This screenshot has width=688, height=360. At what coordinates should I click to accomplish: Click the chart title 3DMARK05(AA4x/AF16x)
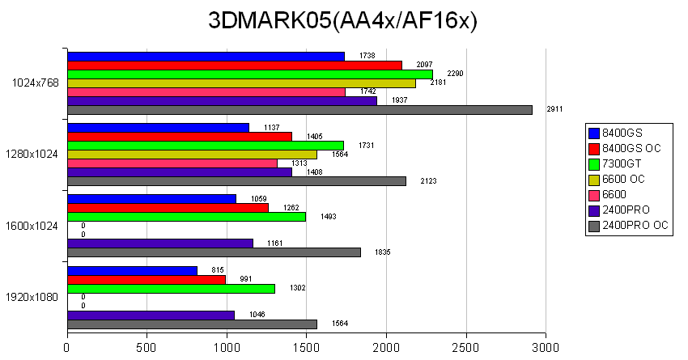(343, 22)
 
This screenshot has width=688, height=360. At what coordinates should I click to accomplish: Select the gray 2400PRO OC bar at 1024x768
(299, 110)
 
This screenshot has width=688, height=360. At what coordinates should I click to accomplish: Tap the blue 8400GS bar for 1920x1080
(132, 270)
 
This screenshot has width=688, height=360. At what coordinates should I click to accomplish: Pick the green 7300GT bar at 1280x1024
(206, 146)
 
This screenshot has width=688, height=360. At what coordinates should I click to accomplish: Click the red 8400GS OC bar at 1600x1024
(168, 208)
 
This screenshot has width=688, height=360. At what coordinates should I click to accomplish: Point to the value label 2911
(554, 108)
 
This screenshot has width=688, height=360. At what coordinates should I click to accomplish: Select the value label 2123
(429, 180)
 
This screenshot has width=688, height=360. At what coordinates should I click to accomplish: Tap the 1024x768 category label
(35, 83)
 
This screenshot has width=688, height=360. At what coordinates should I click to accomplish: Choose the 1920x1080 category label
(32, 297)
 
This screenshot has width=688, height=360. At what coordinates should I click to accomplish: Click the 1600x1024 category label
(32, 226)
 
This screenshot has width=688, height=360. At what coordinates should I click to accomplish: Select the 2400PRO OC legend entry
(636, 226)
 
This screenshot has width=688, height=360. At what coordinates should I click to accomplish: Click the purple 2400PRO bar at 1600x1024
(160, 243)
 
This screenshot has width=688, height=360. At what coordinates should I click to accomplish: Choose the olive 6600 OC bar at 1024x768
(241, 83)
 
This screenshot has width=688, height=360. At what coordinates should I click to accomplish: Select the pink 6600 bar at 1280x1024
(172, 163)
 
